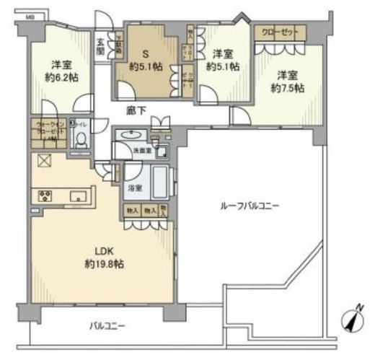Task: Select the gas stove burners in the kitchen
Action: coord(43,195)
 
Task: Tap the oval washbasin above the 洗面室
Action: coord(133,134)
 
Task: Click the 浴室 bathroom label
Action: coord(133,187)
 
